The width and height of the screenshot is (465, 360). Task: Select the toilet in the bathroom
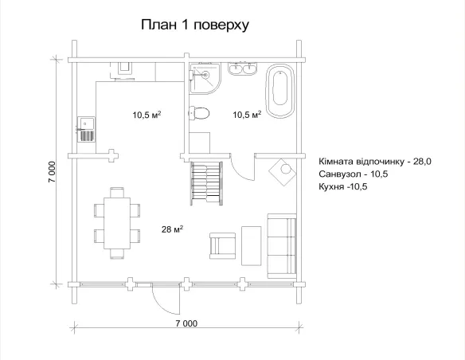click(201, 113)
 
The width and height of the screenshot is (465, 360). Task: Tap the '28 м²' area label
click(171, 229)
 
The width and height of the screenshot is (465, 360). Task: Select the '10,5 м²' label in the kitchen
click(147, 115)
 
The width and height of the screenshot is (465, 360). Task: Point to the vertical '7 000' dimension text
click(51, 174)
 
